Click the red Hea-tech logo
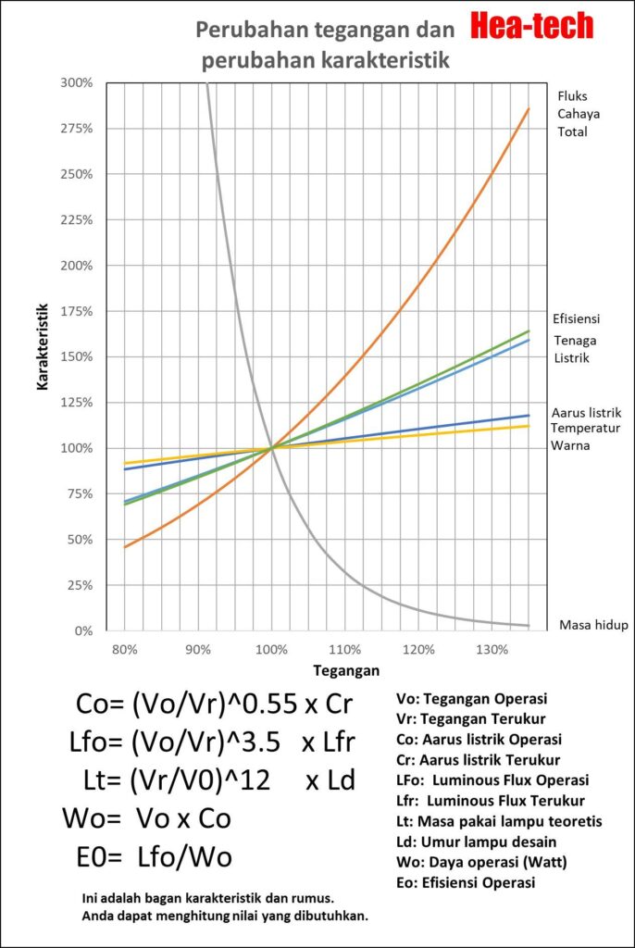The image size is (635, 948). [x=531, y=27]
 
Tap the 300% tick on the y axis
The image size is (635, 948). [x=77, y=82]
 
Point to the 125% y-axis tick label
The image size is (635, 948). [x=77, y=403]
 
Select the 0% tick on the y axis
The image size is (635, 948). [x=83, y=631]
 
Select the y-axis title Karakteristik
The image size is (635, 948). [x=43, y=356]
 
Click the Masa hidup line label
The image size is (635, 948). [x=593, y=625]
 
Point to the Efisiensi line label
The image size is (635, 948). [x=577, y=319]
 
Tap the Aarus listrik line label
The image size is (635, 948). [x=586, y=412]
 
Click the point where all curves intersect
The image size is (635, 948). [x=271, y=448]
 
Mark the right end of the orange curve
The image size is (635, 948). [x=529, y=109]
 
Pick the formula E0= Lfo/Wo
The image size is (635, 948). [x=154, y=856]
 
